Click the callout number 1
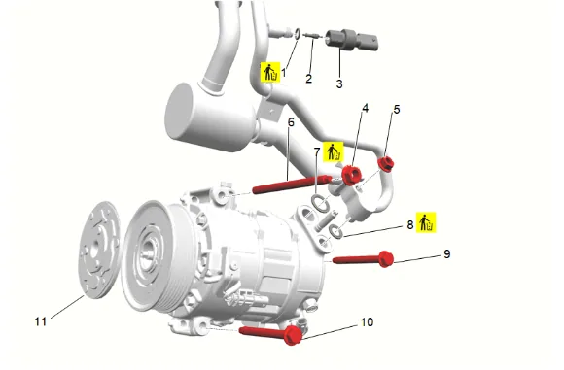[x=283, y=73]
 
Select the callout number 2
[x=308, y=79]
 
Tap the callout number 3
[x=339, y=84]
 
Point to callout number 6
[x=291, y=122]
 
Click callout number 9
[x=446, y=254]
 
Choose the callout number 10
[x=367, y=321]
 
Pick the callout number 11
[x=41, y=321]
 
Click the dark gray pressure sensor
[x=351, y=40]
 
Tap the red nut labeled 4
[x=351, y=175]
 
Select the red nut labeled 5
[x=386, y=163]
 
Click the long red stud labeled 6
[x=292, y=184]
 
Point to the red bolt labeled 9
[x=363, y=259]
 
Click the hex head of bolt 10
[x=293, y=335]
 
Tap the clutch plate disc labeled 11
[x=99, y=250]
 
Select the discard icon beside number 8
[x=426, y=222]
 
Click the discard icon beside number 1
[x=270, y=72]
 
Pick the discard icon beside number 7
[x=334, y=151]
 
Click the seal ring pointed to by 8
[x=335, y=232]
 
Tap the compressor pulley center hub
[x=147, y=252]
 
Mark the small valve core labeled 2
[x=311, y=35]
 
